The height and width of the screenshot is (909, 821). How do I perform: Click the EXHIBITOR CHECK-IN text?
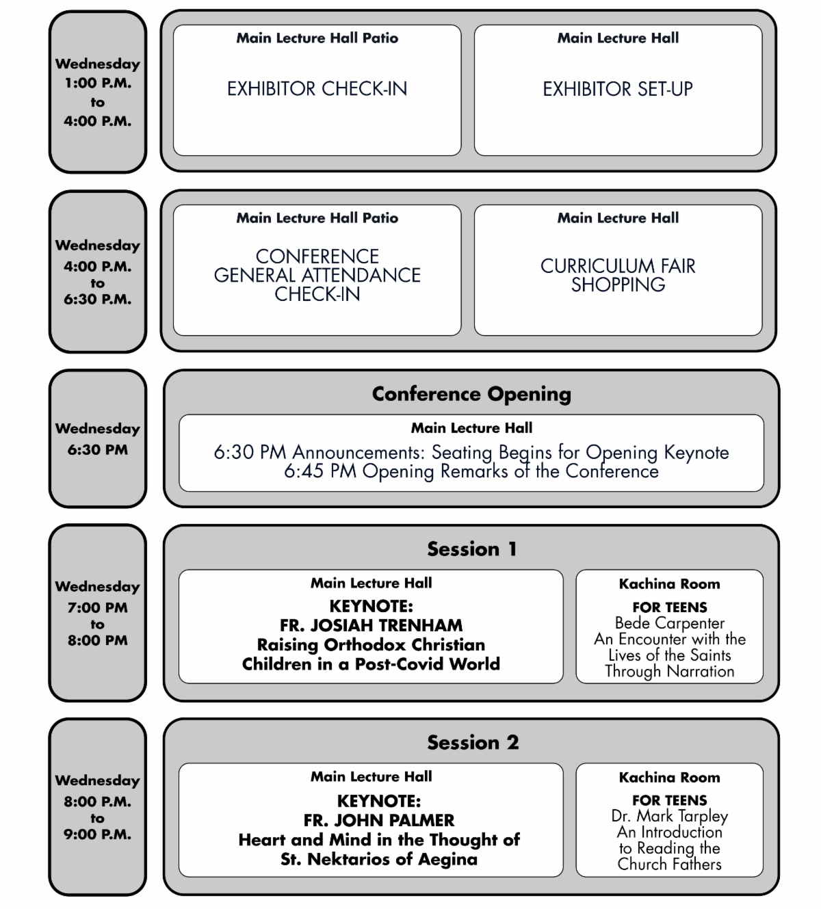[x=317, y=89]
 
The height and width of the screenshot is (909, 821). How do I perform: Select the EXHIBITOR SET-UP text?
[x=618, y=89]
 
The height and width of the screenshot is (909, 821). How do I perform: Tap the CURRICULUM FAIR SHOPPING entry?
[x=618, y=275]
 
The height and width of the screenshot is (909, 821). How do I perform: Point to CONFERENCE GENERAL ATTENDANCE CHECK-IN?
[x=317, y=275]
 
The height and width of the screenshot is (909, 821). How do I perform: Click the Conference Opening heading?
[x=471, y=394]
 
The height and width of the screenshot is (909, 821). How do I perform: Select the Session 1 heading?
[x=471, y=549]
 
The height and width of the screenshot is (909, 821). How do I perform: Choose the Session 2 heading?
[x=472, y=743]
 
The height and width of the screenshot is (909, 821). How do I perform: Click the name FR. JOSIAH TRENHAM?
[x=371, y=625]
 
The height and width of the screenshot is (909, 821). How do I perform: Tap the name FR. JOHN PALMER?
[x=379, y=820]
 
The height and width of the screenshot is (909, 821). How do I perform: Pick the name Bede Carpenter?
[x=669, y=623]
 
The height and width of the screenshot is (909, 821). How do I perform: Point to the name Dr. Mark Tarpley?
[x=669, y=816]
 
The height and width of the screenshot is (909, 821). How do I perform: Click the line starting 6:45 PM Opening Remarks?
[x=471, y=471]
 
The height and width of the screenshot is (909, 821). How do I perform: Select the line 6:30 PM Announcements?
[x=471, y=452]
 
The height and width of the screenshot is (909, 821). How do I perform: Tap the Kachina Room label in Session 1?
[x=669, y=584]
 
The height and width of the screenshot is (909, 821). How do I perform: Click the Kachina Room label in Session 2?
[x=669, y=778]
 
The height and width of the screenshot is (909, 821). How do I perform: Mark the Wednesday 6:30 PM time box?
[x=98, y=439]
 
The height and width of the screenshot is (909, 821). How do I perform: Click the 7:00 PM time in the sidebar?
[x=98, y=607]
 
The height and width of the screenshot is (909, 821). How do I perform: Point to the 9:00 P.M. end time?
[x=98, y=834]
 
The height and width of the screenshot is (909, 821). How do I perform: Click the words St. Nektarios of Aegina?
[x=379, y=859]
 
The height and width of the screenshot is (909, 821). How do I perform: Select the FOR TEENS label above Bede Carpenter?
[x=669, y=607]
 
